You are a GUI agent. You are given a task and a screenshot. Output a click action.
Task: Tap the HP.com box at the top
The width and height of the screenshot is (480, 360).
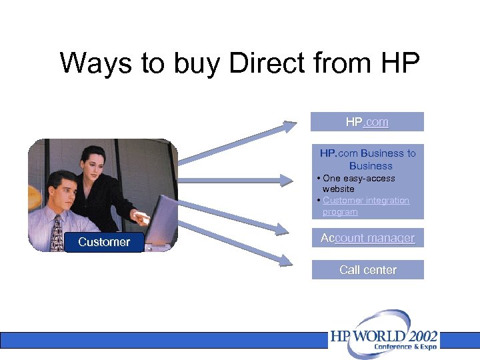click(367, 122)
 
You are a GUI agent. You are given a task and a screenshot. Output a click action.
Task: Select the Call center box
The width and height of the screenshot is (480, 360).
click(367, 270)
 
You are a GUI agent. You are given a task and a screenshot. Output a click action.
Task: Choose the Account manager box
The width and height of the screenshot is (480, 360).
click(367, 238)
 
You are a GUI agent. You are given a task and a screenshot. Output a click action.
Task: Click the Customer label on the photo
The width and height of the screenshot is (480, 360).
click(104, 242)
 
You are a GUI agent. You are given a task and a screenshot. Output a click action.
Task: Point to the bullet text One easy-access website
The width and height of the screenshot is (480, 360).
click(359, 183)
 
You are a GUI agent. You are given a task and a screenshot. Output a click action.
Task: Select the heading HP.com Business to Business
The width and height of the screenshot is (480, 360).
click(367, 159)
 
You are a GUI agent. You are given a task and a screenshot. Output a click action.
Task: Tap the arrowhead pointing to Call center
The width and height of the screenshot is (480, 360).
click(286, 261)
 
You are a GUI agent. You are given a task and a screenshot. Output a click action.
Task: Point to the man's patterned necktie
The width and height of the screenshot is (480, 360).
click(58, 233)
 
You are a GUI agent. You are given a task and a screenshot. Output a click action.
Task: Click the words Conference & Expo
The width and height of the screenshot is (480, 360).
click(405, 347)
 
